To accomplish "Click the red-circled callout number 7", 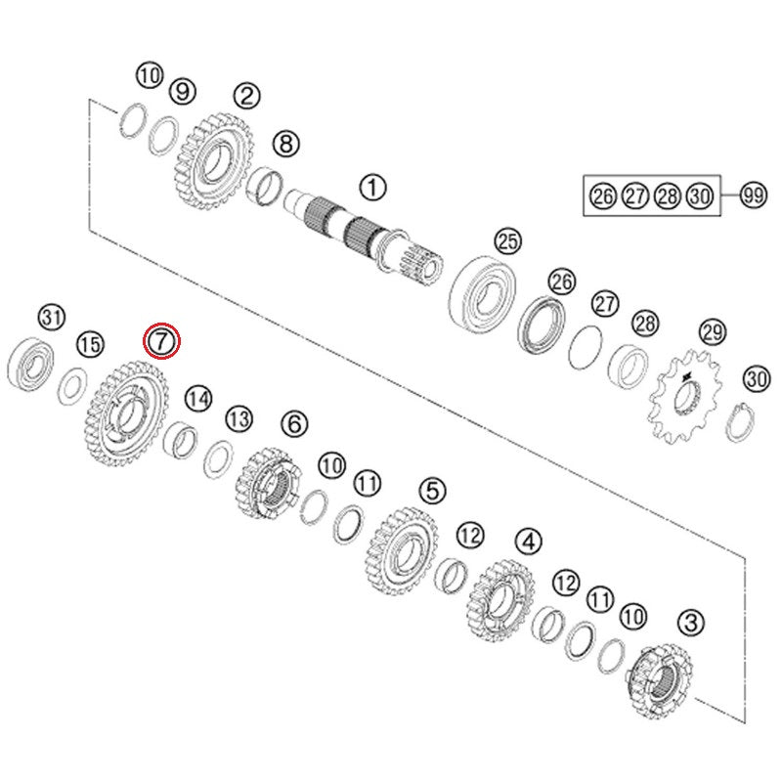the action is pos(161,341).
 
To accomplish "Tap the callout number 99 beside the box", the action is pos(753,195).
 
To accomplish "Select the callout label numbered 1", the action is pos(372,188).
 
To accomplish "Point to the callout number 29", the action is pos(713,331).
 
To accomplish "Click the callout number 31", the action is pos(53,317).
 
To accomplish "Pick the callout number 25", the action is pos(507,241).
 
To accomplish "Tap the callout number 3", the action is pos(691,623).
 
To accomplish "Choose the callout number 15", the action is pos(90,345).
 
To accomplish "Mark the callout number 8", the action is pos(285,145).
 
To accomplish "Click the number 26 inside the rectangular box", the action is pos(603,196).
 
